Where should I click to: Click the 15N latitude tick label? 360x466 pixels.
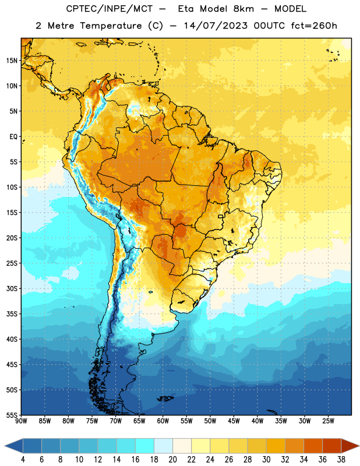(12, 61)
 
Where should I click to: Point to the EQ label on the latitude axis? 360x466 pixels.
(13, 137)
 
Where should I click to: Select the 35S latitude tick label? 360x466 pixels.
(12, 314)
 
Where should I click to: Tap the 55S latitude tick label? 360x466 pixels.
(12, 415)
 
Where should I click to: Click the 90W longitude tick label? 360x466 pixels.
(21, 421)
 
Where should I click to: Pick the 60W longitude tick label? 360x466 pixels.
(163, 421)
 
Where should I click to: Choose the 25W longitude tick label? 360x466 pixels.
(328, 421)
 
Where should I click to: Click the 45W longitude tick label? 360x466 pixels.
(234, 421)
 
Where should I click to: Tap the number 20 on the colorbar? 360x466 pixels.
(172, 460)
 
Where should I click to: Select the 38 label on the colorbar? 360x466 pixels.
(341, 460)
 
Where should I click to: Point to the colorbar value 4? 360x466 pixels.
(23, 460)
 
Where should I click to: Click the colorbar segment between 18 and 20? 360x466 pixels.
(163, 446)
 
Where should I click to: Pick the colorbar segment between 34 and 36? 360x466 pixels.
(313, 446)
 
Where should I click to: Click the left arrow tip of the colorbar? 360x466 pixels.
(5, 446)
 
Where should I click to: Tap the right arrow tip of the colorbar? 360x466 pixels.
(359, 446)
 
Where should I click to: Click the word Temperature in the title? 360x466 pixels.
(111, 26)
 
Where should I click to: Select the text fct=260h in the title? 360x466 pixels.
(314, 26)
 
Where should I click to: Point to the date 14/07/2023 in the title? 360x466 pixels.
(216, 26)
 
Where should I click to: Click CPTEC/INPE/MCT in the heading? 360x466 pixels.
(110, 9)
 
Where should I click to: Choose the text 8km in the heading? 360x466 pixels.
(243, 9)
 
